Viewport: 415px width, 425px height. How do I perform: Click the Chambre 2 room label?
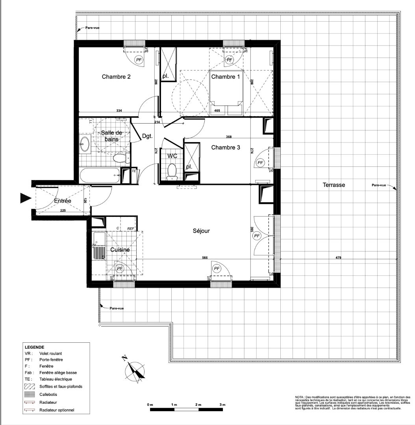pos(116,77)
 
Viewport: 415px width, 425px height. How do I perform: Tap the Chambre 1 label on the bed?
pos(225,77)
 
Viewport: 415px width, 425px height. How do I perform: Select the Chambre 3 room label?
pos(226,148)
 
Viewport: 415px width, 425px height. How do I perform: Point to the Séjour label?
pos(201,231)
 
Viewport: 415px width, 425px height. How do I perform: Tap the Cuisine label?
pos(120,249)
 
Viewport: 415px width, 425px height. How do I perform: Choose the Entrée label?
pos(63,201)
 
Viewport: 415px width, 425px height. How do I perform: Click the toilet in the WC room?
pos(172,172)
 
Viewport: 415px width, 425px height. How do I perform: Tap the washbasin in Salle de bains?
pos(85,144)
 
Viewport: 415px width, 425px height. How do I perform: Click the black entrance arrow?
pos(26,199)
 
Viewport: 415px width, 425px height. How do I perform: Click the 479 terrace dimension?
pos(339,258)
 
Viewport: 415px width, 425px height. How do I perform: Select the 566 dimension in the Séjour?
pos(205,258)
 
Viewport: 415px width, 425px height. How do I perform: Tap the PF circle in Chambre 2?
pos(139,60)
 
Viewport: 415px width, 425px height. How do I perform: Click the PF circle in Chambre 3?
pos(260,163)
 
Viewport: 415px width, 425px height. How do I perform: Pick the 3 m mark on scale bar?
pos(222,405)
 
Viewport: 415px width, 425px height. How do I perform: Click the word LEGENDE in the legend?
pos(34,347)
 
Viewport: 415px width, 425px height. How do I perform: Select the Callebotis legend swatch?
pos(29,394)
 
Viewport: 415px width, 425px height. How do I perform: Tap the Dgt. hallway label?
pos(148,136)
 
